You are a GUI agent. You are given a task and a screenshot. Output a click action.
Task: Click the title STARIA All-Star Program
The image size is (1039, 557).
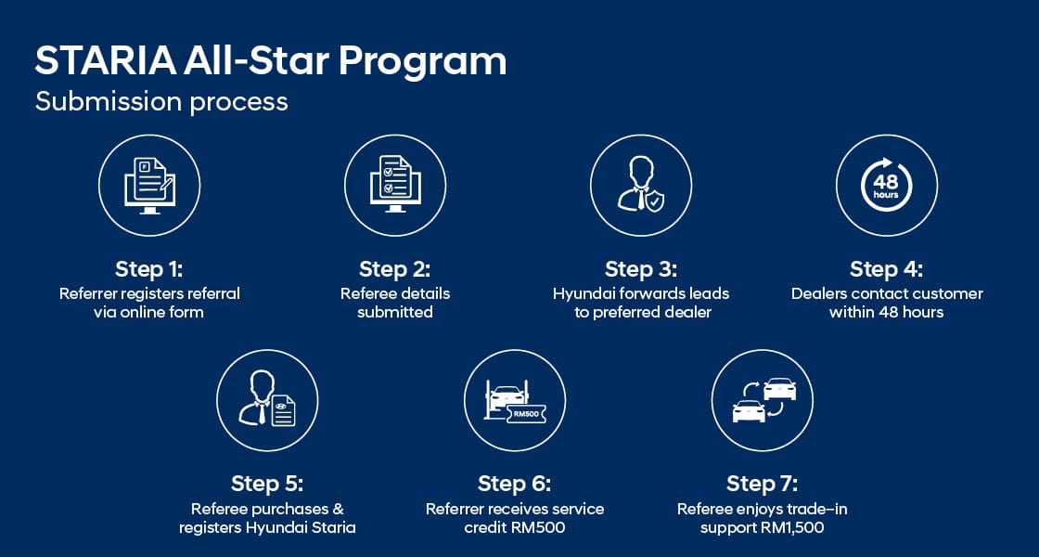point(270,61)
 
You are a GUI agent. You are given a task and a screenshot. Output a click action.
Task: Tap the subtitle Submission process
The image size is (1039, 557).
point(161,101)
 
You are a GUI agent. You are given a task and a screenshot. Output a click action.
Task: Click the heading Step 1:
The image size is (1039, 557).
point(149,269)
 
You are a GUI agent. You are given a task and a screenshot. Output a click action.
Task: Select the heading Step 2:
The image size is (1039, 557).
point(395,269)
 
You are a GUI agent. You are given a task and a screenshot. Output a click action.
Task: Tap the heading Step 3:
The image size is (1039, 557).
point(641,269)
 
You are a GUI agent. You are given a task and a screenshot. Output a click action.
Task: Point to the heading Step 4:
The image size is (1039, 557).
point(887,269)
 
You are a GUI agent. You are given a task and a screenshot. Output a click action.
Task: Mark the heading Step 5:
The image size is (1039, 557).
point(267,484)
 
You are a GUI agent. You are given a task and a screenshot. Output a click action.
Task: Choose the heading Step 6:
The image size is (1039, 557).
point(515,484)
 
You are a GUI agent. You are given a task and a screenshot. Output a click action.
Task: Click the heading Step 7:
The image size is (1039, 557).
point(763,484)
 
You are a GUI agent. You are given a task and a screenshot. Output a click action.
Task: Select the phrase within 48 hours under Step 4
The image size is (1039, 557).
point(887,313)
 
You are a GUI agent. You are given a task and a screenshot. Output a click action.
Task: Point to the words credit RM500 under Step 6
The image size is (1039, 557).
point(515,528)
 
